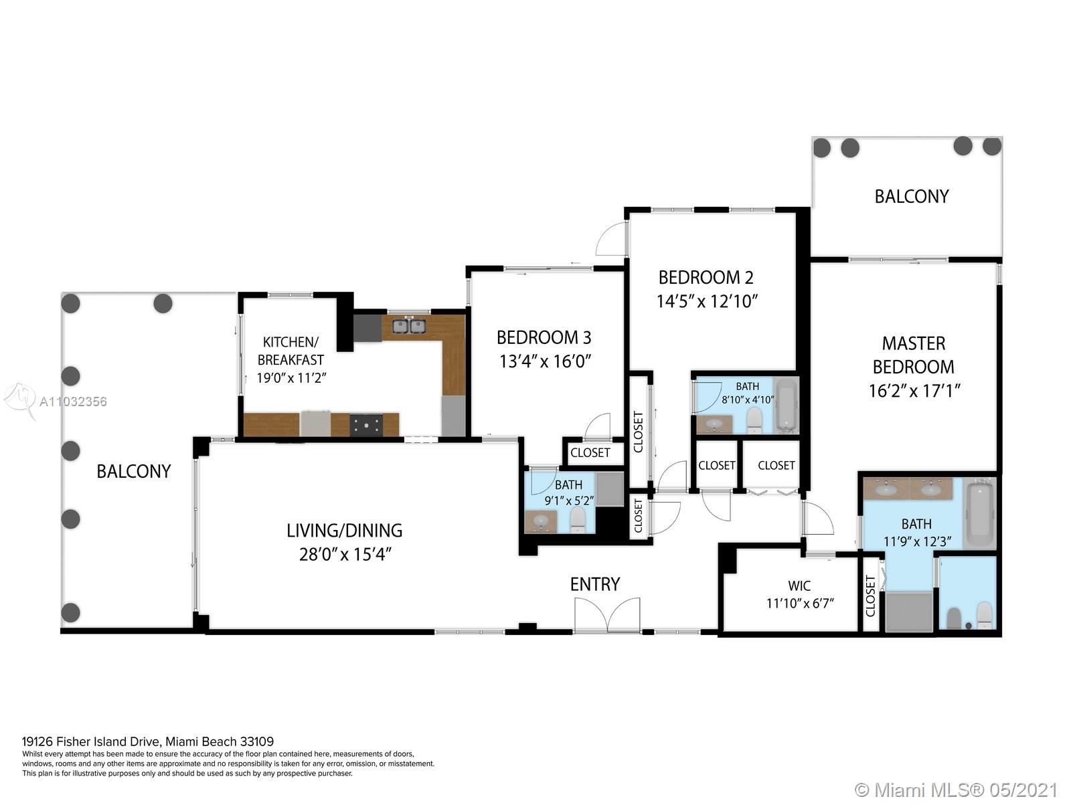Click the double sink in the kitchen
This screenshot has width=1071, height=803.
coord(408,327)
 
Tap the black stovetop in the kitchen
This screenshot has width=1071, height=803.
coord(366,425)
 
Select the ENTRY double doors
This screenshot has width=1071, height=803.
coord(607,615)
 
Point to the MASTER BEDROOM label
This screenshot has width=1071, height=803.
coord(914,355)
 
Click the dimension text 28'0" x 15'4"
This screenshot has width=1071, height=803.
coord(345,554)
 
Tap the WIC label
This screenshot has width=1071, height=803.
coord(799,586)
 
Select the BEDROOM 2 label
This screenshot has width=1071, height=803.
coord(706,277)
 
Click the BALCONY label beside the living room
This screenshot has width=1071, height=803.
coord(134,471)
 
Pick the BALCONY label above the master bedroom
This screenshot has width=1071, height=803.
coord(912,196)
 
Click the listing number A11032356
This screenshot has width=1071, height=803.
coord(73,401)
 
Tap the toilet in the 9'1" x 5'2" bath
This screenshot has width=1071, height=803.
coord(578,519)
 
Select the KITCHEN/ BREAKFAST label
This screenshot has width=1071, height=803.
coord(291,351)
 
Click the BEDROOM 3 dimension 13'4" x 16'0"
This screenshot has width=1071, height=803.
coord(546,361)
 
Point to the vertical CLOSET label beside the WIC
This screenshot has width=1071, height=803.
coord(870,596)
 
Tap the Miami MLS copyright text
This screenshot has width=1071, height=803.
coord(957,790)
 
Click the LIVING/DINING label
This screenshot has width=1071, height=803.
coord(345,530)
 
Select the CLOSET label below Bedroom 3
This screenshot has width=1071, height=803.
coord(590,452)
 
